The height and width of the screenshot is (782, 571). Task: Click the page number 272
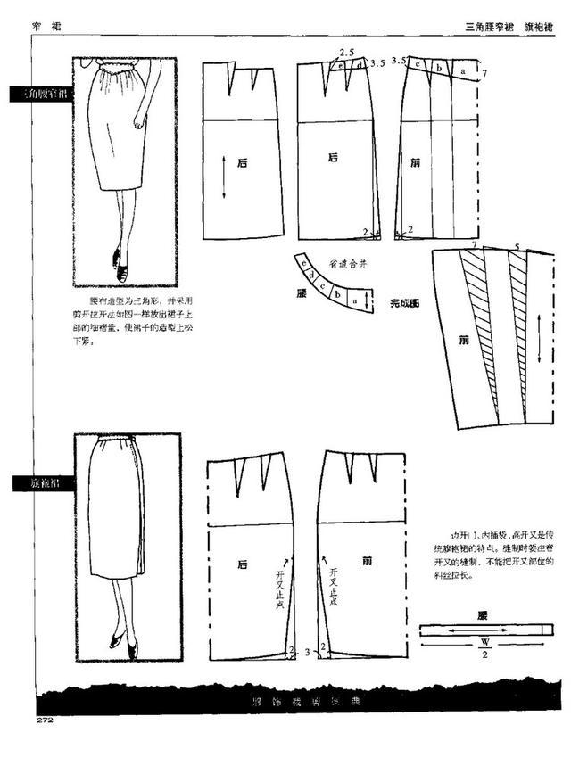click(x=46, y=719)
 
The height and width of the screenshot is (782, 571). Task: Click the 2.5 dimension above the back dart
click(x=345, y=54)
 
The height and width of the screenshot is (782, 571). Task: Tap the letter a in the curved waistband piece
click(x=354, y=302)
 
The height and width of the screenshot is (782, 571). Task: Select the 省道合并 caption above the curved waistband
click(x=348, y=265)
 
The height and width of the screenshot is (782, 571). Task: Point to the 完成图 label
click(x=405, y=304)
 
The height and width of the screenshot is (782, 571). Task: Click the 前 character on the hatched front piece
click(x=463, y=340)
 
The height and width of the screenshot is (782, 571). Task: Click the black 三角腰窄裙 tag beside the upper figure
click(x=36, y=93)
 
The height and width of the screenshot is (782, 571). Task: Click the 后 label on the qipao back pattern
click(x=243, y=564)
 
